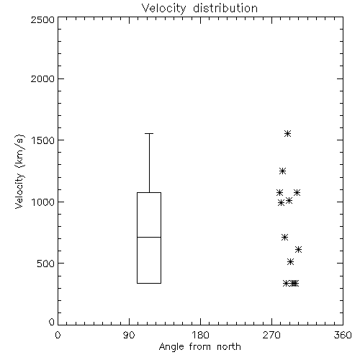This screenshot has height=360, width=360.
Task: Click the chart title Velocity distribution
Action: pos(199,8)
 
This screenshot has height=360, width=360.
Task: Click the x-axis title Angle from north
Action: pos(199,347)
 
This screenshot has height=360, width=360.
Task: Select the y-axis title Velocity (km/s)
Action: pos(20,171)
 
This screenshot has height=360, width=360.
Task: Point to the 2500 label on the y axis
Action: pos(42,19)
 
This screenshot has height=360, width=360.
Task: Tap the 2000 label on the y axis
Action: pos(42,78)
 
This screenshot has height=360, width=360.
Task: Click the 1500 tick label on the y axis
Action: pos(42,140)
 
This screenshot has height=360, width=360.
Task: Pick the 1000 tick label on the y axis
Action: pos(42,202)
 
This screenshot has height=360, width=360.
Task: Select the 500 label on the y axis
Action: pos(46,264)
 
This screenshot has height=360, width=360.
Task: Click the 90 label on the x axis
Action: pos(129,335)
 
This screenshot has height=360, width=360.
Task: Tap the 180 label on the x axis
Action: pos(200,335)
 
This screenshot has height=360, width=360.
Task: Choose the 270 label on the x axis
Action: pos(271,335)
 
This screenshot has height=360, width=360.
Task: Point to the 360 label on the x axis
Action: pos(343,335)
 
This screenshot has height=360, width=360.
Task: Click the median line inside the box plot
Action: pos(149,237)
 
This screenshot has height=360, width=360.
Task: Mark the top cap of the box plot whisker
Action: pos(149,133)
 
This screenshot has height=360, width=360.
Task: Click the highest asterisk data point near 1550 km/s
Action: pos(287,134)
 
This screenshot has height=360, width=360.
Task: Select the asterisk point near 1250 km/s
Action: pos(282,171)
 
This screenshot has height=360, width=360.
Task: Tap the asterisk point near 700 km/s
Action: pos(284,238)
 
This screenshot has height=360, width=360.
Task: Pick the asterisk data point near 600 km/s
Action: pos(298,250)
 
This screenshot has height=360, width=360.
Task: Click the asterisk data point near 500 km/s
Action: pos(290,261)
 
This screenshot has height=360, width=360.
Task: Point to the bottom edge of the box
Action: pos(149,283)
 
